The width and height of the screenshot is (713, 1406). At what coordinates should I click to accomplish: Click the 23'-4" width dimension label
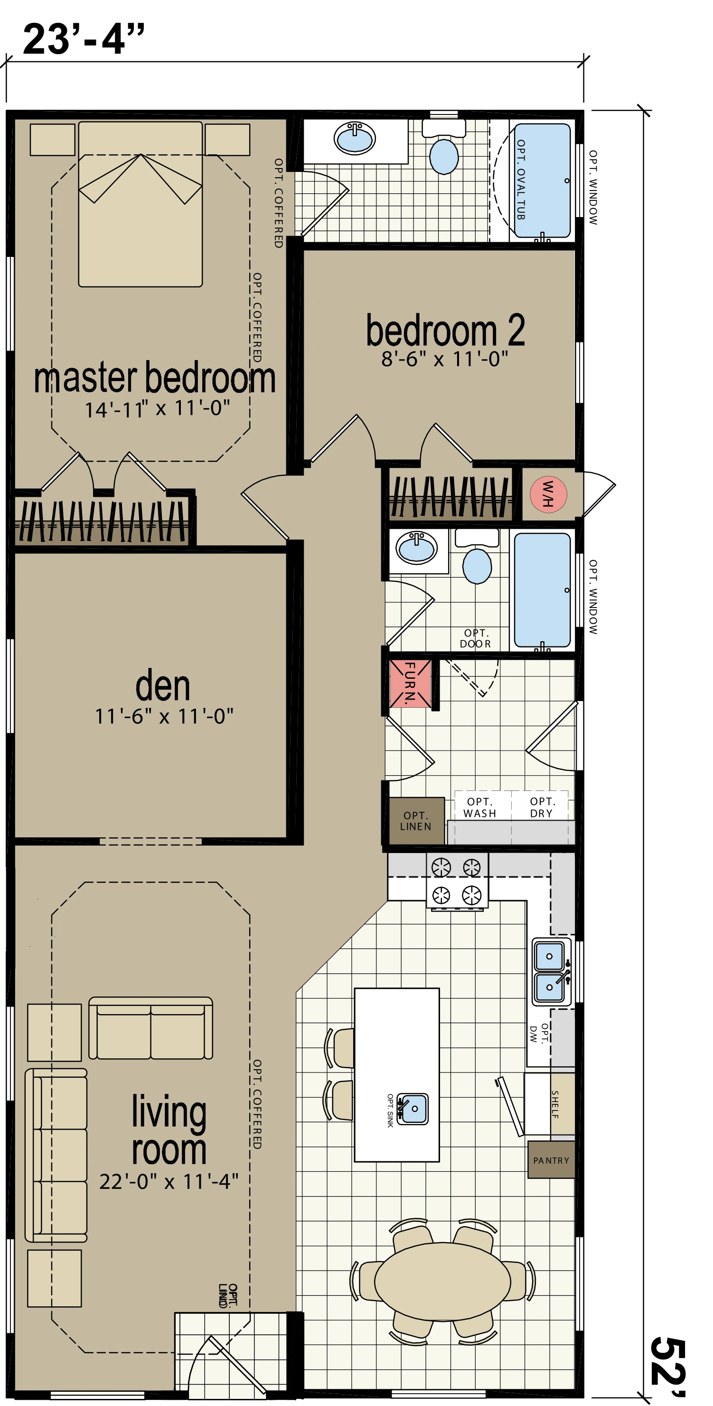[x=84, y=39]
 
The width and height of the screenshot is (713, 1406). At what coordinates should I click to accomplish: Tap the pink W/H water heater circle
[x=548, y=494]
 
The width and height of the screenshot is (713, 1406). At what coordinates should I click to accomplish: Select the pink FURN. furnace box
[x=410, y=684]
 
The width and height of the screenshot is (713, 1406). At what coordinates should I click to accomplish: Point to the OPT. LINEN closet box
[x=416, y=821]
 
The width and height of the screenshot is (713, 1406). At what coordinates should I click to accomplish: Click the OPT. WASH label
[x=480, y=807]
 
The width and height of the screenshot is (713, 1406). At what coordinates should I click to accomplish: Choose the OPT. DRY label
[x=542, y=807]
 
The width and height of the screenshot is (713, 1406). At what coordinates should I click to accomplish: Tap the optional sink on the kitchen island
[x=413, y=1108]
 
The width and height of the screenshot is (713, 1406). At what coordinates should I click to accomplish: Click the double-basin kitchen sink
[x=552, y=971]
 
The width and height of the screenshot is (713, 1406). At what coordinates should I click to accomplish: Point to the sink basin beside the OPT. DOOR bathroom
[x=417, y=548]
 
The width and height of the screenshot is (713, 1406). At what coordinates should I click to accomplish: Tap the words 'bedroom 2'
[x=445, y=330]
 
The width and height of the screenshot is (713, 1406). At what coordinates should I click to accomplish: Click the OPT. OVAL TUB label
[x=521, y=180]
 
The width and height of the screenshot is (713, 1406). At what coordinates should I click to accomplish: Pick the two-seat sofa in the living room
[x=150, y=1028]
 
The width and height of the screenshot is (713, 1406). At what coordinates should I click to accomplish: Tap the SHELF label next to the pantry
[x=555, y=1105]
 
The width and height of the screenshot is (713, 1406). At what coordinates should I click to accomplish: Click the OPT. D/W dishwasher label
[x=539, y=1034]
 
